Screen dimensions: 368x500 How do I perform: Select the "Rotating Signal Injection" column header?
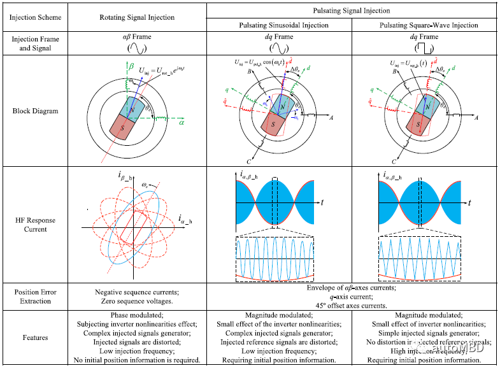click(x=138, y=17)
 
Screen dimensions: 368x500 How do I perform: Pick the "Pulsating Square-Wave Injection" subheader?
click(x=425, y=25)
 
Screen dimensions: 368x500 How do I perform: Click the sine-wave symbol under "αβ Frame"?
click(x=138, y=48)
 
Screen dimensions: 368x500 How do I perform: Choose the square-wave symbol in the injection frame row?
click(x=425, y=48)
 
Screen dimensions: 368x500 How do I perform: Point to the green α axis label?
click(x=181, y=124)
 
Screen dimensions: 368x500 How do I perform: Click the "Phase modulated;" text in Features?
click(x=138, y=315)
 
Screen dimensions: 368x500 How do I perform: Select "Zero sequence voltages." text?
click(x=138, y=301)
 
